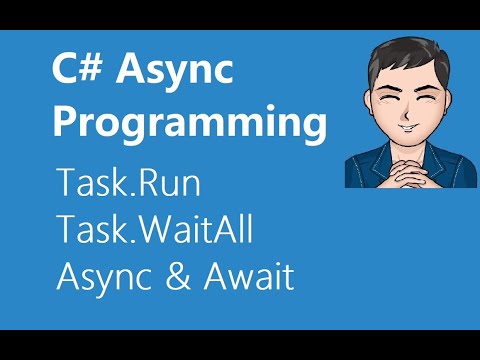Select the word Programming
(x=189, y=124)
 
